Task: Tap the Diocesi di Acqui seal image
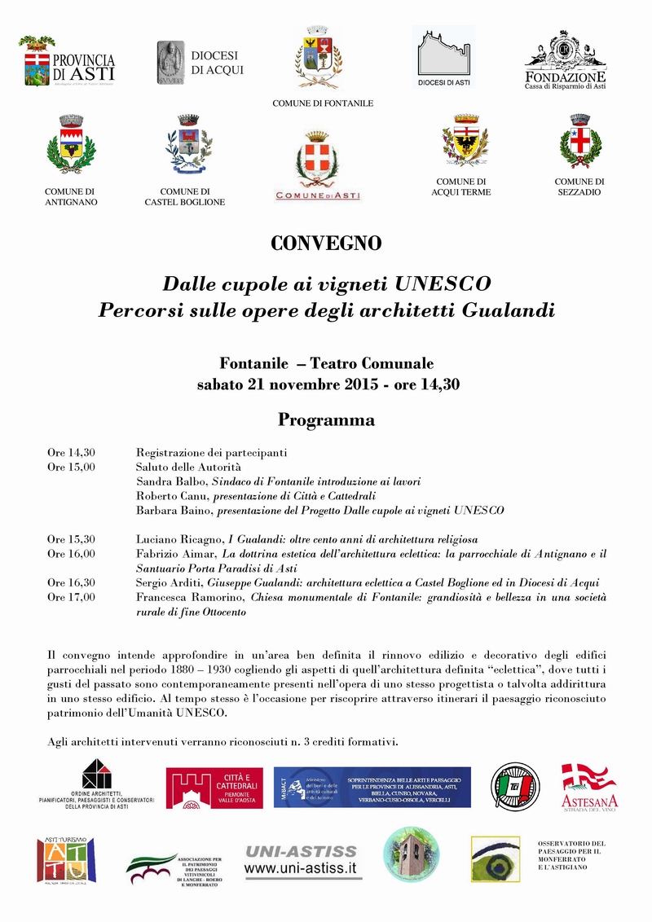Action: [x=170, y=63]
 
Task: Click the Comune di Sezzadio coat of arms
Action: [x=580, y=143]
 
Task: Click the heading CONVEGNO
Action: [x=326, y=243]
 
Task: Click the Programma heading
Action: [x=326, y=420]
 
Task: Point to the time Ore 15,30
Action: [x=71, y=539]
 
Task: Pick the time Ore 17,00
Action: [x=71, y=597]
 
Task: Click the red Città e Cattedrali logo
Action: [x=214, y=788]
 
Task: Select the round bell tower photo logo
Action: [x=411, y=854]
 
